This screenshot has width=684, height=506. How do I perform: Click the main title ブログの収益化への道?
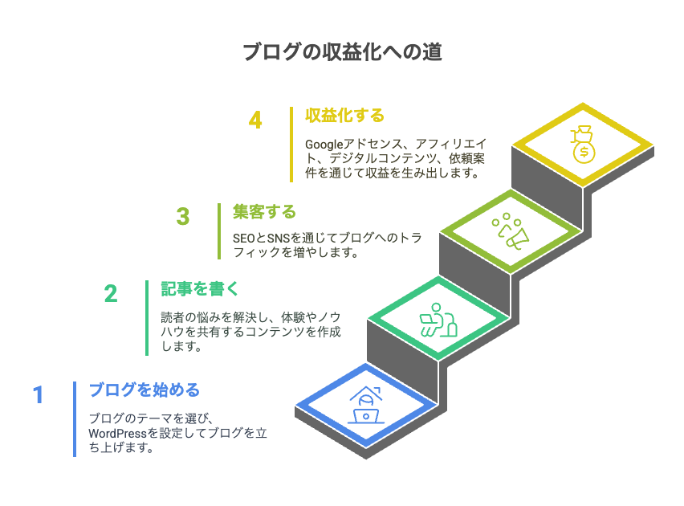tap(343, 51)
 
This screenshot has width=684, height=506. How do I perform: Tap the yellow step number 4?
tap(255, 120)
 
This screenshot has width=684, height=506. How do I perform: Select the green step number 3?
tap(183, 216)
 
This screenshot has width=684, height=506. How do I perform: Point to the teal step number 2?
tap(111, 293)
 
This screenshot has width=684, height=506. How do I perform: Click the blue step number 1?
tap(39, 394)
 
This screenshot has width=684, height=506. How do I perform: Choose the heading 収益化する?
tap(344, 116)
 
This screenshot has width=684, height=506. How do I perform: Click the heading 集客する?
tap(264, 212)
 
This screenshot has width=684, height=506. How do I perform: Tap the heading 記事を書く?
tap(200, 288)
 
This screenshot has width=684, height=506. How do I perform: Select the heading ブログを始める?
tap(145, 390)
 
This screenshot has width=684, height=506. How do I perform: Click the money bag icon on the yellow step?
tap(583, 145)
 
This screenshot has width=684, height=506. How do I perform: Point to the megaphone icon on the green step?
tap(511, 231)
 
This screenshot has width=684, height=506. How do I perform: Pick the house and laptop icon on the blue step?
tap(366, 405)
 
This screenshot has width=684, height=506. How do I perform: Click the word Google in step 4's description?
tap(324, 144)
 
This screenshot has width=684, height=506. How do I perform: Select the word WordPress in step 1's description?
tap(117, 433)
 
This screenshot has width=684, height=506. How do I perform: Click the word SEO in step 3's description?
tap(244, 239)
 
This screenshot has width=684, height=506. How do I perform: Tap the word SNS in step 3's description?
tap(279, 239)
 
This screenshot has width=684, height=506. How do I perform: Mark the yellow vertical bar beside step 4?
tap(291, 145)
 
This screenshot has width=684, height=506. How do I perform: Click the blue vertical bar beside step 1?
tap(75, 419)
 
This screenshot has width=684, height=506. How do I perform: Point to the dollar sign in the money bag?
tap(584, 153)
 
